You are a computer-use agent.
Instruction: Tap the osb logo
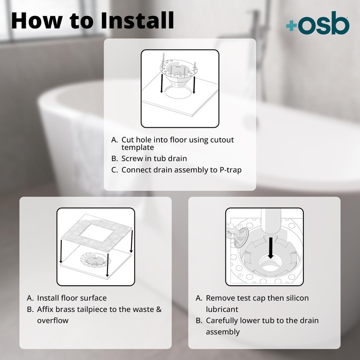click(317, 25)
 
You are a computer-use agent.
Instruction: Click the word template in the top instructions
click(138, 147)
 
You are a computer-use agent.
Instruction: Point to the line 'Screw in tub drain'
click(154, 158)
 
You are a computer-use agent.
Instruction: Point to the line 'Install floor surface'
click(72, 298)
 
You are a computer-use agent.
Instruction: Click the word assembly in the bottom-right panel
click(223, 332)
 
